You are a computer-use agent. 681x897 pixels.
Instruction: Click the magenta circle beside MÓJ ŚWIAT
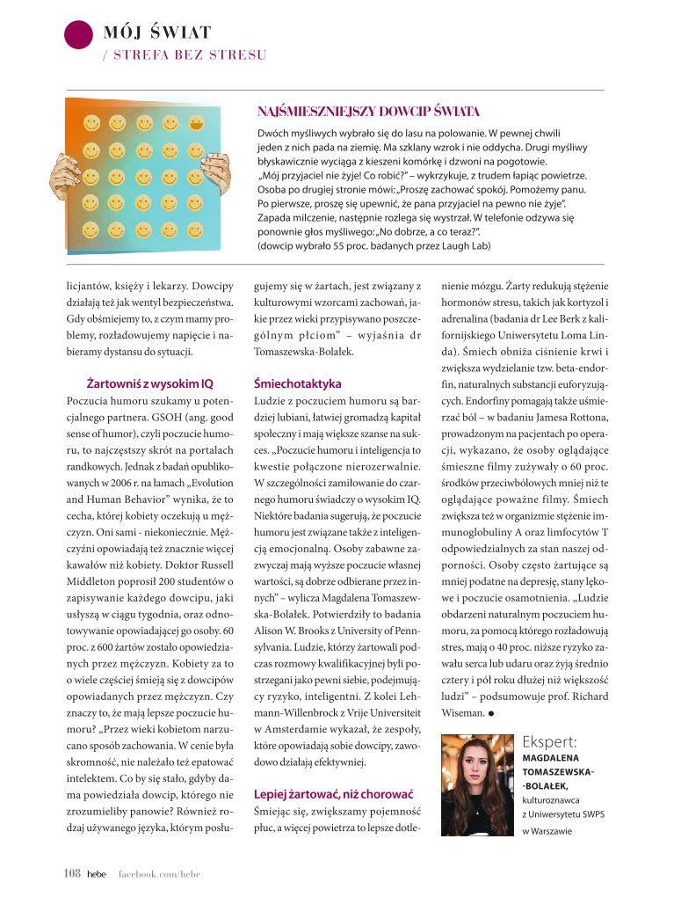click(x=79, y=33)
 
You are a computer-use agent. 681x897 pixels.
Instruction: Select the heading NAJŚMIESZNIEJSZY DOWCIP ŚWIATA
click(x=368, y=112)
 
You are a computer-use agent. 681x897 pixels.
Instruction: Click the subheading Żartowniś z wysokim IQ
click(x=150, y=384)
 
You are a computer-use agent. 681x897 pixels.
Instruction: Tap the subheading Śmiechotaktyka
click(x=297, y=384)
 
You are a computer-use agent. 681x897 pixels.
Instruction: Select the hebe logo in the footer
click(x=96, y=873)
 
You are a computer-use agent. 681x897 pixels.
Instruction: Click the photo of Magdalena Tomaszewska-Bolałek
click(x=477, y=784)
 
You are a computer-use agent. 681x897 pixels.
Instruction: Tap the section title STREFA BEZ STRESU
click(x=185, y=55)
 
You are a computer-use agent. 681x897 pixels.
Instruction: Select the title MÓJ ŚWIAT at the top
click(x=157, y=33)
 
